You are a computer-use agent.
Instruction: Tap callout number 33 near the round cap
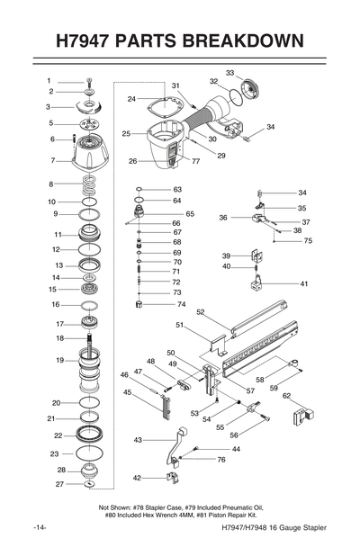tap(229, 72)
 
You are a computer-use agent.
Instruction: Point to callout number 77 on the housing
tap(195, 161)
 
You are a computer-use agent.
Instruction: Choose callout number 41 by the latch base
tap(303, 283)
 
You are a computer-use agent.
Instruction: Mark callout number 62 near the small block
tap(287, 395)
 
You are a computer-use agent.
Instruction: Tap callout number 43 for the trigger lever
tap(138, 440)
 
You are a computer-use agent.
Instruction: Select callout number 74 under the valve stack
tap(181, 305)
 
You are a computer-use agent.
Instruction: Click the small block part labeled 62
tap(301, 416)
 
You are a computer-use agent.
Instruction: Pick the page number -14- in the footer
tap(40, 526)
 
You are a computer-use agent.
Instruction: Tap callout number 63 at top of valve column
tap(177, 189)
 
